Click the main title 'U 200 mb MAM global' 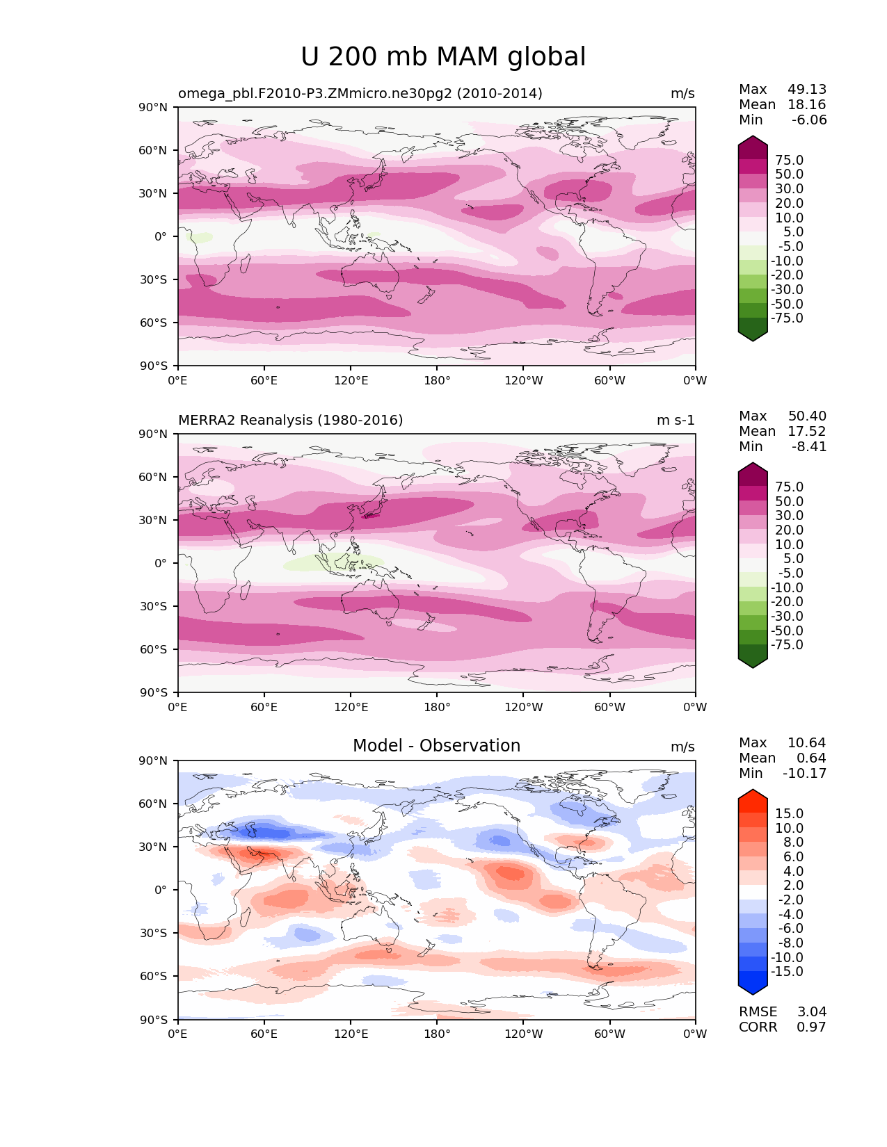(x=443, y=57)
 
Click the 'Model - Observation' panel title (x=436, y=746)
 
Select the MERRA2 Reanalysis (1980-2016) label (x=291, y=421)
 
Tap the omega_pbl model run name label (x=360, y=94)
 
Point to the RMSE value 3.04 (x=811, y=1012)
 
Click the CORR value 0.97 (x=811, y=1027)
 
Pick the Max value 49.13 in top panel (x=807, y=90)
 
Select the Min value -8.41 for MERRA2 (x=809, y=447)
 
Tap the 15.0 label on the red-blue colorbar (x=790, y=814)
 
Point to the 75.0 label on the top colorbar (x=790, y=161)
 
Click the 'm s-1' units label (x=676, y=421)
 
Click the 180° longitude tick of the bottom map (x=437, y=1034)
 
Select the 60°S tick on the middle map (x=154, y=649)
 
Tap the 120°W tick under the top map (x=523, y=381)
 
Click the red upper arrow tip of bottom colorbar (x=753, y=794)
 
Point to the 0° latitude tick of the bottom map (x=161, y=890)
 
